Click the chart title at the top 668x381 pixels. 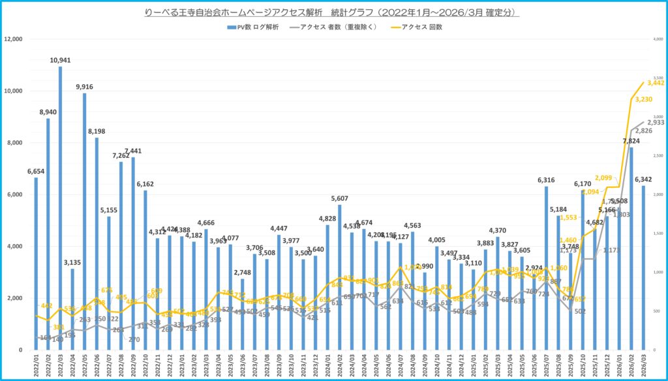click(x=334, y=12)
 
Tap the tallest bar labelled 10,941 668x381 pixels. click(x=60, y=209)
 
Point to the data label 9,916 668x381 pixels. click(x=84, y=87)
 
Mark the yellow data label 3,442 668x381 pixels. click(x=655, y=82)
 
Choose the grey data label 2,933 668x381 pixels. click(x=655, y=123)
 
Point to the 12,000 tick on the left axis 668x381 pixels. click(x=14, y=39)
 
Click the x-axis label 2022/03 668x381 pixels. click(x=60, y=365)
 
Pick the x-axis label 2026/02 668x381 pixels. click(x=631, y=365)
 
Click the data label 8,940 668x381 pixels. click(x=48, y=112)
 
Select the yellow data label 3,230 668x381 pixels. click(x=643, y=99)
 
